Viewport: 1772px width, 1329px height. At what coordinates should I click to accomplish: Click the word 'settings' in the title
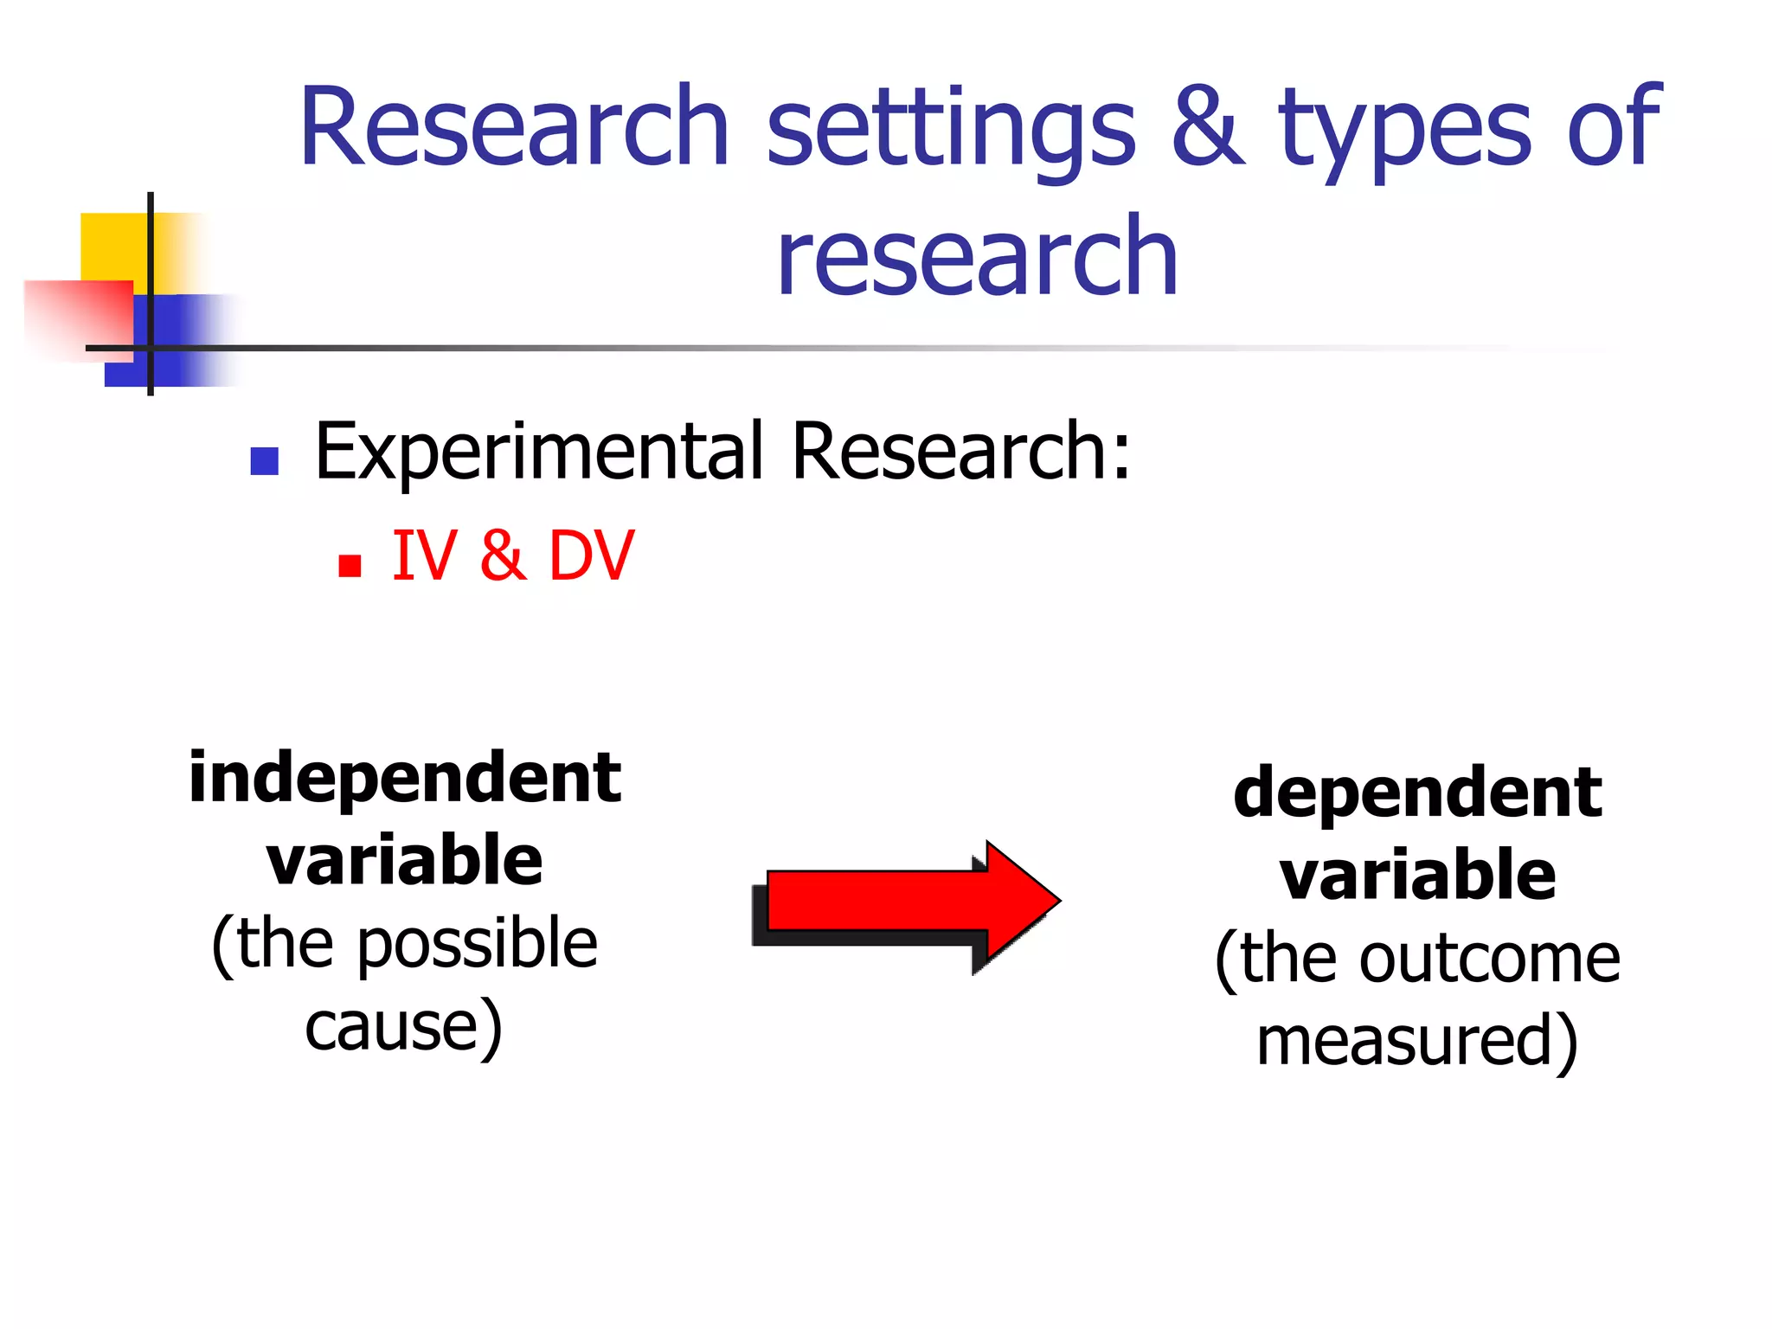pos(951,130)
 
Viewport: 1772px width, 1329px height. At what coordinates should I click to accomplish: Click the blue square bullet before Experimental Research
pos(264,461)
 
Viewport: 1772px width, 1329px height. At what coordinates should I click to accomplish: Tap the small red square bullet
pos(350,566)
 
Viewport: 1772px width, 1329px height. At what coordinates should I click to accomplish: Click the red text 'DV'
pos(592,555)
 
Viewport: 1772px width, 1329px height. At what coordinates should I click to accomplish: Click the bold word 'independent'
pos(405,777)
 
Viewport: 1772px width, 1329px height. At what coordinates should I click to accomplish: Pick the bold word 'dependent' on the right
pos(1417,792)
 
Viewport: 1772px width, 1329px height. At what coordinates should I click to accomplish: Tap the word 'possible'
pos(477,943)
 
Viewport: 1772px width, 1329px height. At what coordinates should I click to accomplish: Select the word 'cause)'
pos(404,1026)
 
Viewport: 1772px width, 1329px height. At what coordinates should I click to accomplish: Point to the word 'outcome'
pos(1488,959)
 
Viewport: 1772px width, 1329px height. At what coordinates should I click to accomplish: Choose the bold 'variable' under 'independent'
pos(405,860)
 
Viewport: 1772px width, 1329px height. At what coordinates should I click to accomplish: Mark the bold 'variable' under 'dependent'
pos(1417,875)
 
